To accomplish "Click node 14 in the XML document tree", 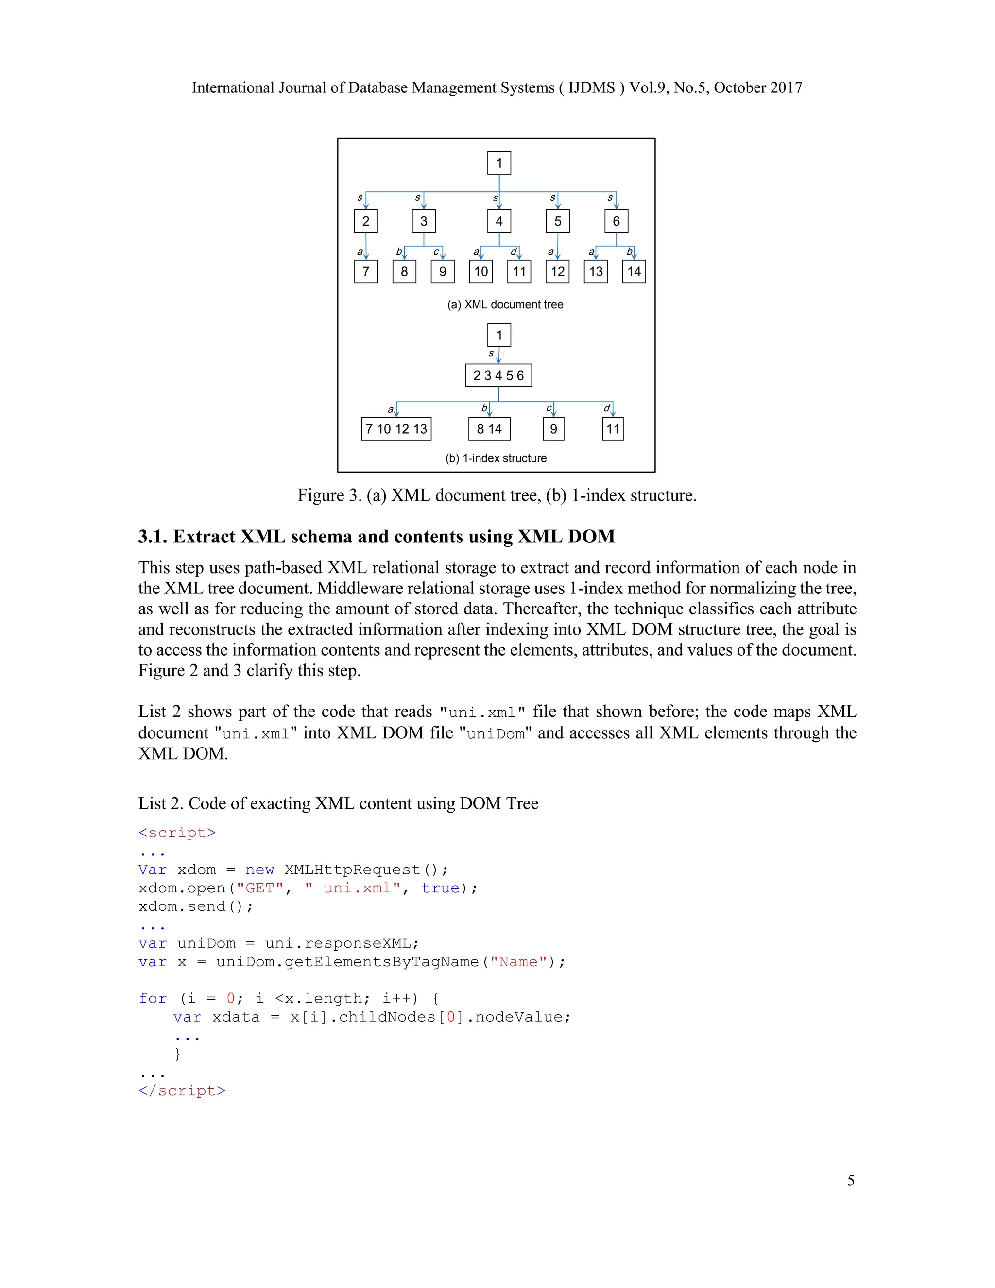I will [x=634, y=271].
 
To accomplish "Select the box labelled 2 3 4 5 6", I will [x=498, y=376].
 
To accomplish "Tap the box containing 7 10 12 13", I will [x=396, y=429].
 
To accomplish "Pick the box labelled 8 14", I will [x=489, y=429].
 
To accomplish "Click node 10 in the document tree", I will [x=481, y=271].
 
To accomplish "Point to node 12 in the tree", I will [x=558, y=271].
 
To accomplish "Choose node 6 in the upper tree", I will [x=616, y=221].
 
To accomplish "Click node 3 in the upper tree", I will [x=424, y=221].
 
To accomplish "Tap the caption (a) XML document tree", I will [x=505, y=304].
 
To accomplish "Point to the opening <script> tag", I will [x=177, y=833].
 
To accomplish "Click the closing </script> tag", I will [x=182, y=1091].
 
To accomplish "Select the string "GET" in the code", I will [x=259, y=888].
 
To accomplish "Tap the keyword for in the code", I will [x=153, y=998].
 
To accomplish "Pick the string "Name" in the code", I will [x=518, y=962].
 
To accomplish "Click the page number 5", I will [x=851, y=1180].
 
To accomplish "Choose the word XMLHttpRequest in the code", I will [x=352, y=870].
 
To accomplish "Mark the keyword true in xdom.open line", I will [x=440, y=888].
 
